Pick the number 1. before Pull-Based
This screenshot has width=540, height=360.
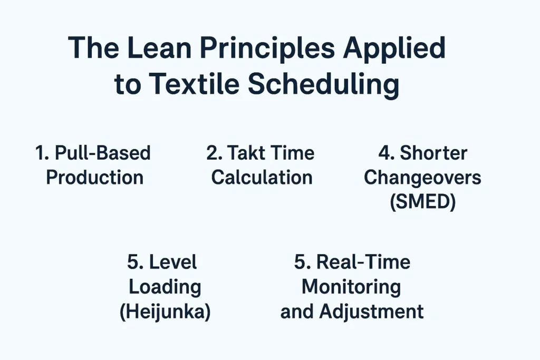pyautogui.click(x=43, y=153)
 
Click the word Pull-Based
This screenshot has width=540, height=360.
pyautogui.click(x=103, y=153)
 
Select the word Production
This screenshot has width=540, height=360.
pyautogui.click(x=94, y=177)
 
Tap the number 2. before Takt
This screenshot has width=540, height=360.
pyautogui.click(x=214, y=153)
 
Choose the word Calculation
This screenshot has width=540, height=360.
pyautogui.click(x=262, y=177)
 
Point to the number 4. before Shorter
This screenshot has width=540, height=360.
pyautogui.click(x=387, y=153)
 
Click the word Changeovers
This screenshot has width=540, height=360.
pyautogui.click(x=422, y=178)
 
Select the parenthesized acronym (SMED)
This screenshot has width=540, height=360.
pyautogui.click(x=422, y=202)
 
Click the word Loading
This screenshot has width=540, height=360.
pyautogui.click(x=165, y=287)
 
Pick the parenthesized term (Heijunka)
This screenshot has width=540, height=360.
pyautogui.click(x=165, y=312)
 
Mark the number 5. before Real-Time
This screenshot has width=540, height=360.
pyautogui.click(x=303, y=262)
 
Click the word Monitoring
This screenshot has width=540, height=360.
pyautogui.click(x=351, y=287)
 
